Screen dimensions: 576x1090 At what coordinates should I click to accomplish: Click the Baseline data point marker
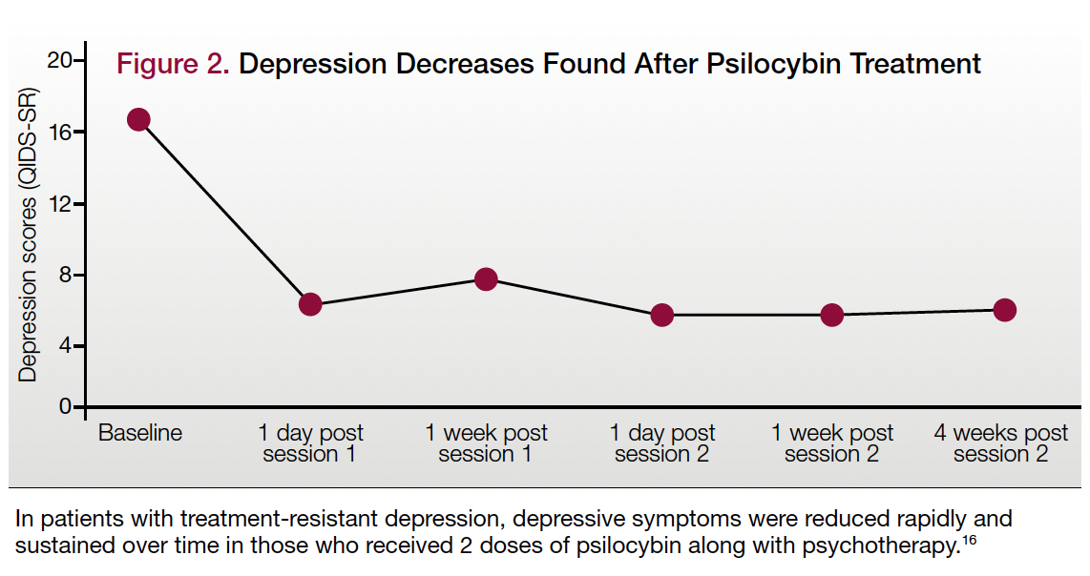(x=138, y=119)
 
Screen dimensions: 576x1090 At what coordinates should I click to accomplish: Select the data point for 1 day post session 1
(x=310, y=304)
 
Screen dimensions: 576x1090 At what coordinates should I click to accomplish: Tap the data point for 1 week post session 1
(x=486, y=278)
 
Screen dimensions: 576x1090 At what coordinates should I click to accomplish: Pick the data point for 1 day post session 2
(x=661, y=315)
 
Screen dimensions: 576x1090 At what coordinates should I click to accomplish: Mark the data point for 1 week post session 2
(x=832, y=315)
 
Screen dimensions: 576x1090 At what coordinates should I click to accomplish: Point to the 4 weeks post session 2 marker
(x=1004, y=310)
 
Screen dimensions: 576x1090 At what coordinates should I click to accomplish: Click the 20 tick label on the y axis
(x=60, y=61)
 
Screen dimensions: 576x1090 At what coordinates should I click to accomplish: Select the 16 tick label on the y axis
(x=60, y=132)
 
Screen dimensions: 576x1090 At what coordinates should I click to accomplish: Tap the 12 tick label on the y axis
(x=60, y=203)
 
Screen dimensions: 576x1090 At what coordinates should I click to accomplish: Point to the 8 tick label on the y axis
(x=66, y=275)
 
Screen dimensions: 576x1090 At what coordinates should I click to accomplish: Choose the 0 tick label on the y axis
(x=66, y=407)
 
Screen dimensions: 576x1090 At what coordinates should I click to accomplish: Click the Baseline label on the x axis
(x=140, y=433)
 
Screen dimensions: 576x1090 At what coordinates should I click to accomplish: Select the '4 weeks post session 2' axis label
(x=1000, y=443)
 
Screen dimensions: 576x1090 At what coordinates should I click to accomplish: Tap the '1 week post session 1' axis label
(x=486, y=443)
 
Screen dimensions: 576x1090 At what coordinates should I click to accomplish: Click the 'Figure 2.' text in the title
(x=173, y=64)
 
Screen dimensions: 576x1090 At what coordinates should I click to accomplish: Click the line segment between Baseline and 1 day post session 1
(x=224, y=212)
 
